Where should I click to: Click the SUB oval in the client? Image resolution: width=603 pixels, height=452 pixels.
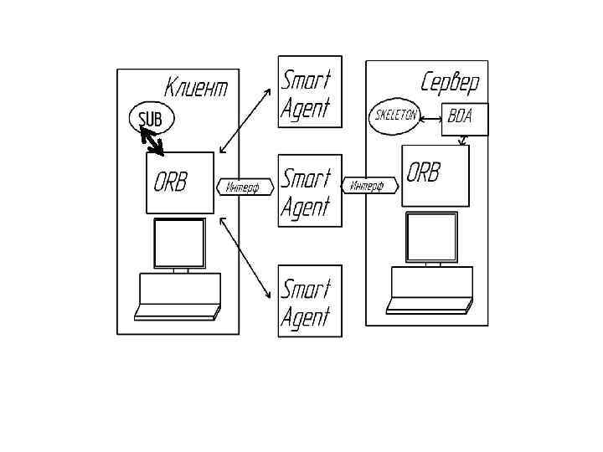(x=151, y=118)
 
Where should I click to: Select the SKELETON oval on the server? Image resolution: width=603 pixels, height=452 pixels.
(x=394, y=116)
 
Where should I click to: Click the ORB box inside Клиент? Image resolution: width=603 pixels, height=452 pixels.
(x=179, y=182)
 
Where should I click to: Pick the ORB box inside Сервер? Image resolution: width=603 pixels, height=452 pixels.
(x=434, y=176)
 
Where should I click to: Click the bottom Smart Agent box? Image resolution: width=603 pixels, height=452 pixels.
(x=310, y=300)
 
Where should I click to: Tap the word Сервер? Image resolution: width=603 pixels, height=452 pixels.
(x=450, y=82)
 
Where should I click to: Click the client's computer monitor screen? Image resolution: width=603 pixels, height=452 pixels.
(x=179, y=243)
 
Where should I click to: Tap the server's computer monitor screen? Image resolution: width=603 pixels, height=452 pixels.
(x=431, y=237)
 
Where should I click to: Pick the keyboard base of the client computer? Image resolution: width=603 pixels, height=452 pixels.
(x=178, y=297)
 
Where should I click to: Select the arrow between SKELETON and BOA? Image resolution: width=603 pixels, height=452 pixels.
(x=430, y=118)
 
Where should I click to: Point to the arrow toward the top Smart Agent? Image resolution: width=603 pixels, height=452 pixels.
(x=245, y=121)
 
